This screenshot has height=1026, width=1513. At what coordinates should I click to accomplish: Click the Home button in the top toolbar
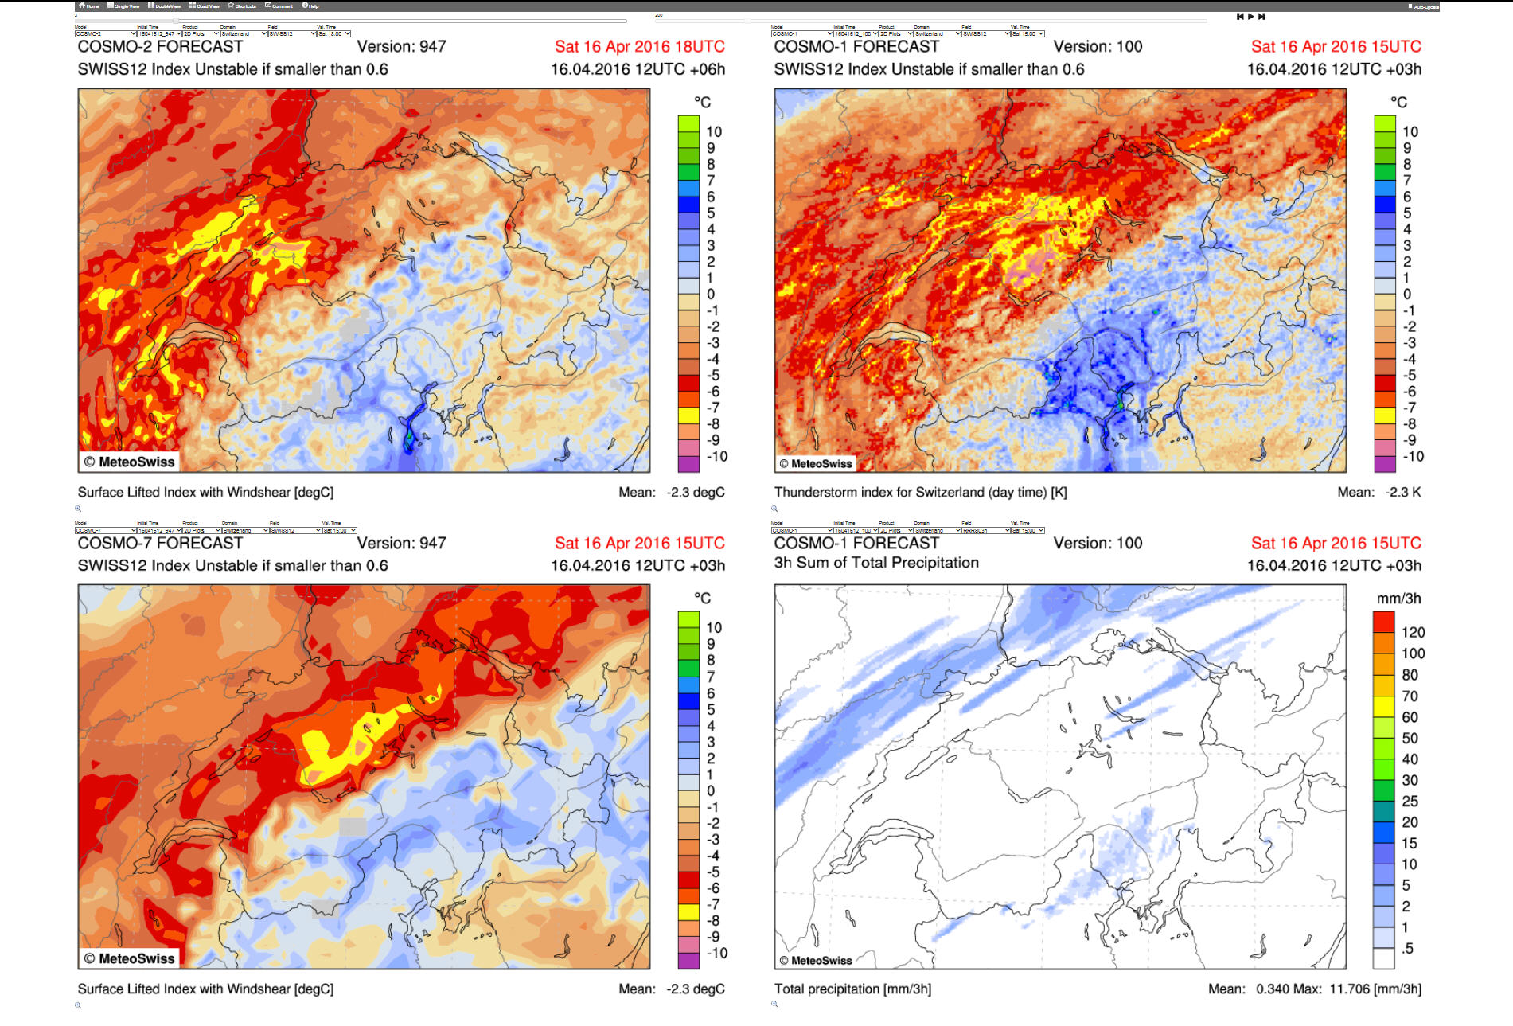(x=88, y=6)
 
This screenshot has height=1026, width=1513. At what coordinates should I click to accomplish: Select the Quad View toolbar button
(x=205, y=6)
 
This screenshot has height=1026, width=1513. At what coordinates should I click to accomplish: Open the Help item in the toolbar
(x=310, y=6)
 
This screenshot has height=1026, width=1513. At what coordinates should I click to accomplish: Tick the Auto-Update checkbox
(x=1410, y=6)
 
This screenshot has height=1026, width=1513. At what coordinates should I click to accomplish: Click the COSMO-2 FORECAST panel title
(x=160, y=46)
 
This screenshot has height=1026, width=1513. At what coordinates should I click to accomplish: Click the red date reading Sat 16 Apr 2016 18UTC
(x=639, y=46)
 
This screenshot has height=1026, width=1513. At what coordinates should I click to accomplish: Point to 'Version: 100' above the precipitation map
(x=1098, y=543)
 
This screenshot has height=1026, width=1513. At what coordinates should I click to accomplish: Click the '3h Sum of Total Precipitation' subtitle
(x=876, y=563)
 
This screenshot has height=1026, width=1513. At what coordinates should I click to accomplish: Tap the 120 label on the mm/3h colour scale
(x=1413, y=632)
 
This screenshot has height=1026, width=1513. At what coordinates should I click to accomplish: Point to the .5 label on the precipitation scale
(x=1407, y=948)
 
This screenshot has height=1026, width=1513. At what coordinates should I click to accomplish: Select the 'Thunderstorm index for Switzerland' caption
(x=920, y=492)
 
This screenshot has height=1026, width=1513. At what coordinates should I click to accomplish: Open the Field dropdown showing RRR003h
(x=982, y=530)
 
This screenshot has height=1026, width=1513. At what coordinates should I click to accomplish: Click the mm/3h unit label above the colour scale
(x=1398, y=599)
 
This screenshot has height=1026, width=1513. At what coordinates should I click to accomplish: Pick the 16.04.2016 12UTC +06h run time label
(x=638, y=69)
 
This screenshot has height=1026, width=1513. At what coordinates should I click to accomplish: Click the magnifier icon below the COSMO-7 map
(x=78, y=1005)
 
